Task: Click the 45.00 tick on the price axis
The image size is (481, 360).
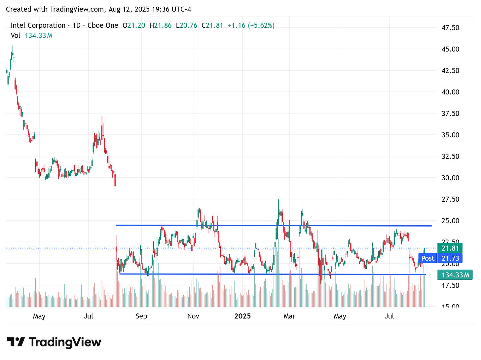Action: (450, 49)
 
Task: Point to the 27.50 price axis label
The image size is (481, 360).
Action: (450, 199)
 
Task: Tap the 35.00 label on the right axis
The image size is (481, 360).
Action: (450, 135)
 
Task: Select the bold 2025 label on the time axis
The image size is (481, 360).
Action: (242, 316)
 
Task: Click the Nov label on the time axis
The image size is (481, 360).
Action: (193, 316)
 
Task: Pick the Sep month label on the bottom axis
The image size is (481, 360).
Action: (141, 316)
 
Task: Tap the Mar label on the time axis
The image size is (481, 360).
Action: (289, 316)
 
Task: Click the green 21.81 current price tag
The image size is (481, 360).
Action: (450, 248)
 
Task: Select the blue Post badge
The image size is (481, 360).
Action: (428, 258)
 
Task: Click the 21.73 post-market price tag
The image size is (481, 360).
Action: (450, 258)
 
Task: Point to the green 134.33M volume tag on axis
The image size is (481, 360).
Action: (455, 275)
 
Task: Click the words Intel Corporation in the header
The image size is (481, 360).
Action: (38, 25)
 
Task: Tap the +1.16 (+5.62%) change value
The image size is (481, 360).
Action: (251, 25)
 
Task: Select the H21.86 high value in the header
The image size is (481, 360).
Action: (161, 25)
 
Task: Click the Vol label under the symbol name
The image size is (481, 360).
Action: (16, 35)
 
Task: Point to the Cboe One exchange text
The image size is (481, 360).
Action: (103, 25)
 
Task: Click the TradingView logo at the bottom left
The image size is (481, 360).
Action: (54, 342)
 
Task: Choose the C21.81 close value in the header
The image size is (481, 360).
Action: (212, 25)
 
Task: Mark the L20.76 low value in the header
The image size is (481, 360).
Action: (187, 25)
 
